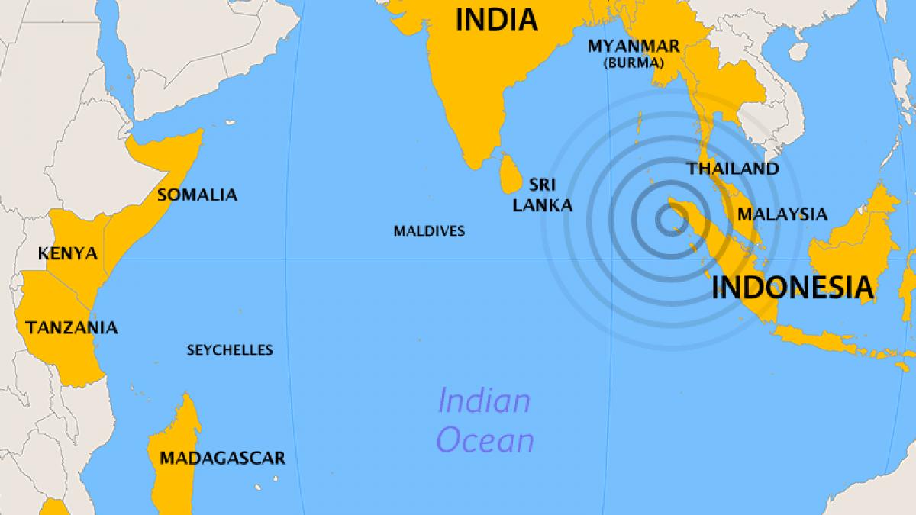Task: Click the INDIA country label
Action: pyautogui.click(x=496, y=19)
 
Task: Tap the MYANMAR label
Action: pyautogui.click(x=633, y=47)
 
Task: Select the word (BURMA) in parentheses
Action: pyautogui.click(x=633, y=63)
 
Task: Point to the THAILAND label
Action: pyautogui.click(x=733, y=169)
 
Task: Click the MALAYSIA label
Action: pyautogui.click(x=782, y=214)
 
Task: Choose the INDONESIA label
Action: pyautogui.click(x=792, y=287)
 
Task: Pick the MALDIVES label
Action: pyautogui.click(x=429, y=230)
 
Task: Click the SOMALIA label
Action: pyautogui.click(x=197, y=195)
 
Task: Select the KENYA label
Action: pyautogui.click(x=68, y=253)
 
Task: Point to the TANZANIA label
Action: pyautogui.click(x=72, y=328)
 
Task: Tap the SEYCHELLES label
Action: pyautogui.click(x=230, y=350)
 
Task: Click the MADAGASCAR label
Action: pyautogui.click(x=222, y=459)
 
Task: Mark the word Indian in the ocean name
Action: pyautogui.click(x=483, y=401)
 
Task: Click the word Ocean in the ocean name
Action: pyautogui.click(x=485, y=441)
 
